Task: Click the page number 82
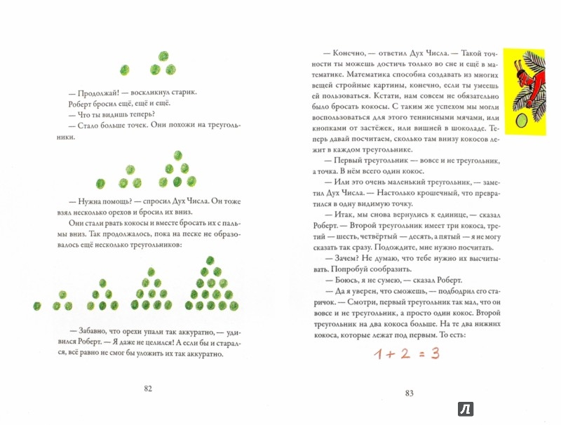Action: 147,390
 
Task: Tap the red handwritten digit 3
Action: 435,353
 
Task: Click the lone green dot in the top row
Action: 125,69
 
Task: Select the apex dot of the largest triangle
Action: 209,260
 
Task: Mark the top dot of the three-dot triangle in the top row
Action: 164,56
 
